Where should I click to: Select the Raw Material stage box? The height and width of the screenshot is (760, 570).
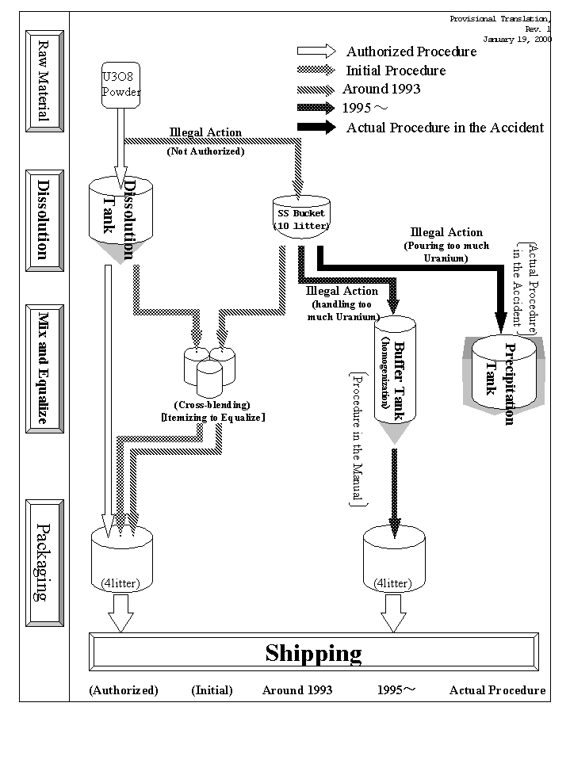(44, 81)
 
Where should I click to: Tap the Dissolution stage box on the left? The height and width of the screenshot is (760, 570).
(44, 216)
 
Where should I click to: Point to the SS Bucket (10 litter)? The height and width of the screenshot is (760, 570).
(300, 219)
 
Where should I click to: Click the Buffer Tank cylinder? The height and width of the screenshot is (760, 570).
(395, 371)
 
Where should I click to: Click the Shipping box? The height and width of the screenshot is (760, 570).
(315, 653)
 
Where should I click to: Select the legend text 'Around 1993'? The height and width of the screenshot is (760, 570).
(381, 89)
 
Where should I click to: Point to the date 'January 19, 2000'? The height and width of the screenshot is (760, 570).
(517, 38)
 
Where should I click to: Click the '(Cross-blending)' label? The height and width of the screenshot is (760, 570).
(213, 405)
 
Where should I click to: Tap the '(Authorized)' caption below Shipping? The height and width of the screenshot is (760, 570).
(124, 690)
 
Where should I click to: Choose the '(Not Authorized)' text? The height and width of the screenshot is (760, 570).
(205, 151)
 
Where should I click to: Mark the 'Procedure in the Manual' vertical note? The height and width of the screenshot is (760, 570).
(356, 438)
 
